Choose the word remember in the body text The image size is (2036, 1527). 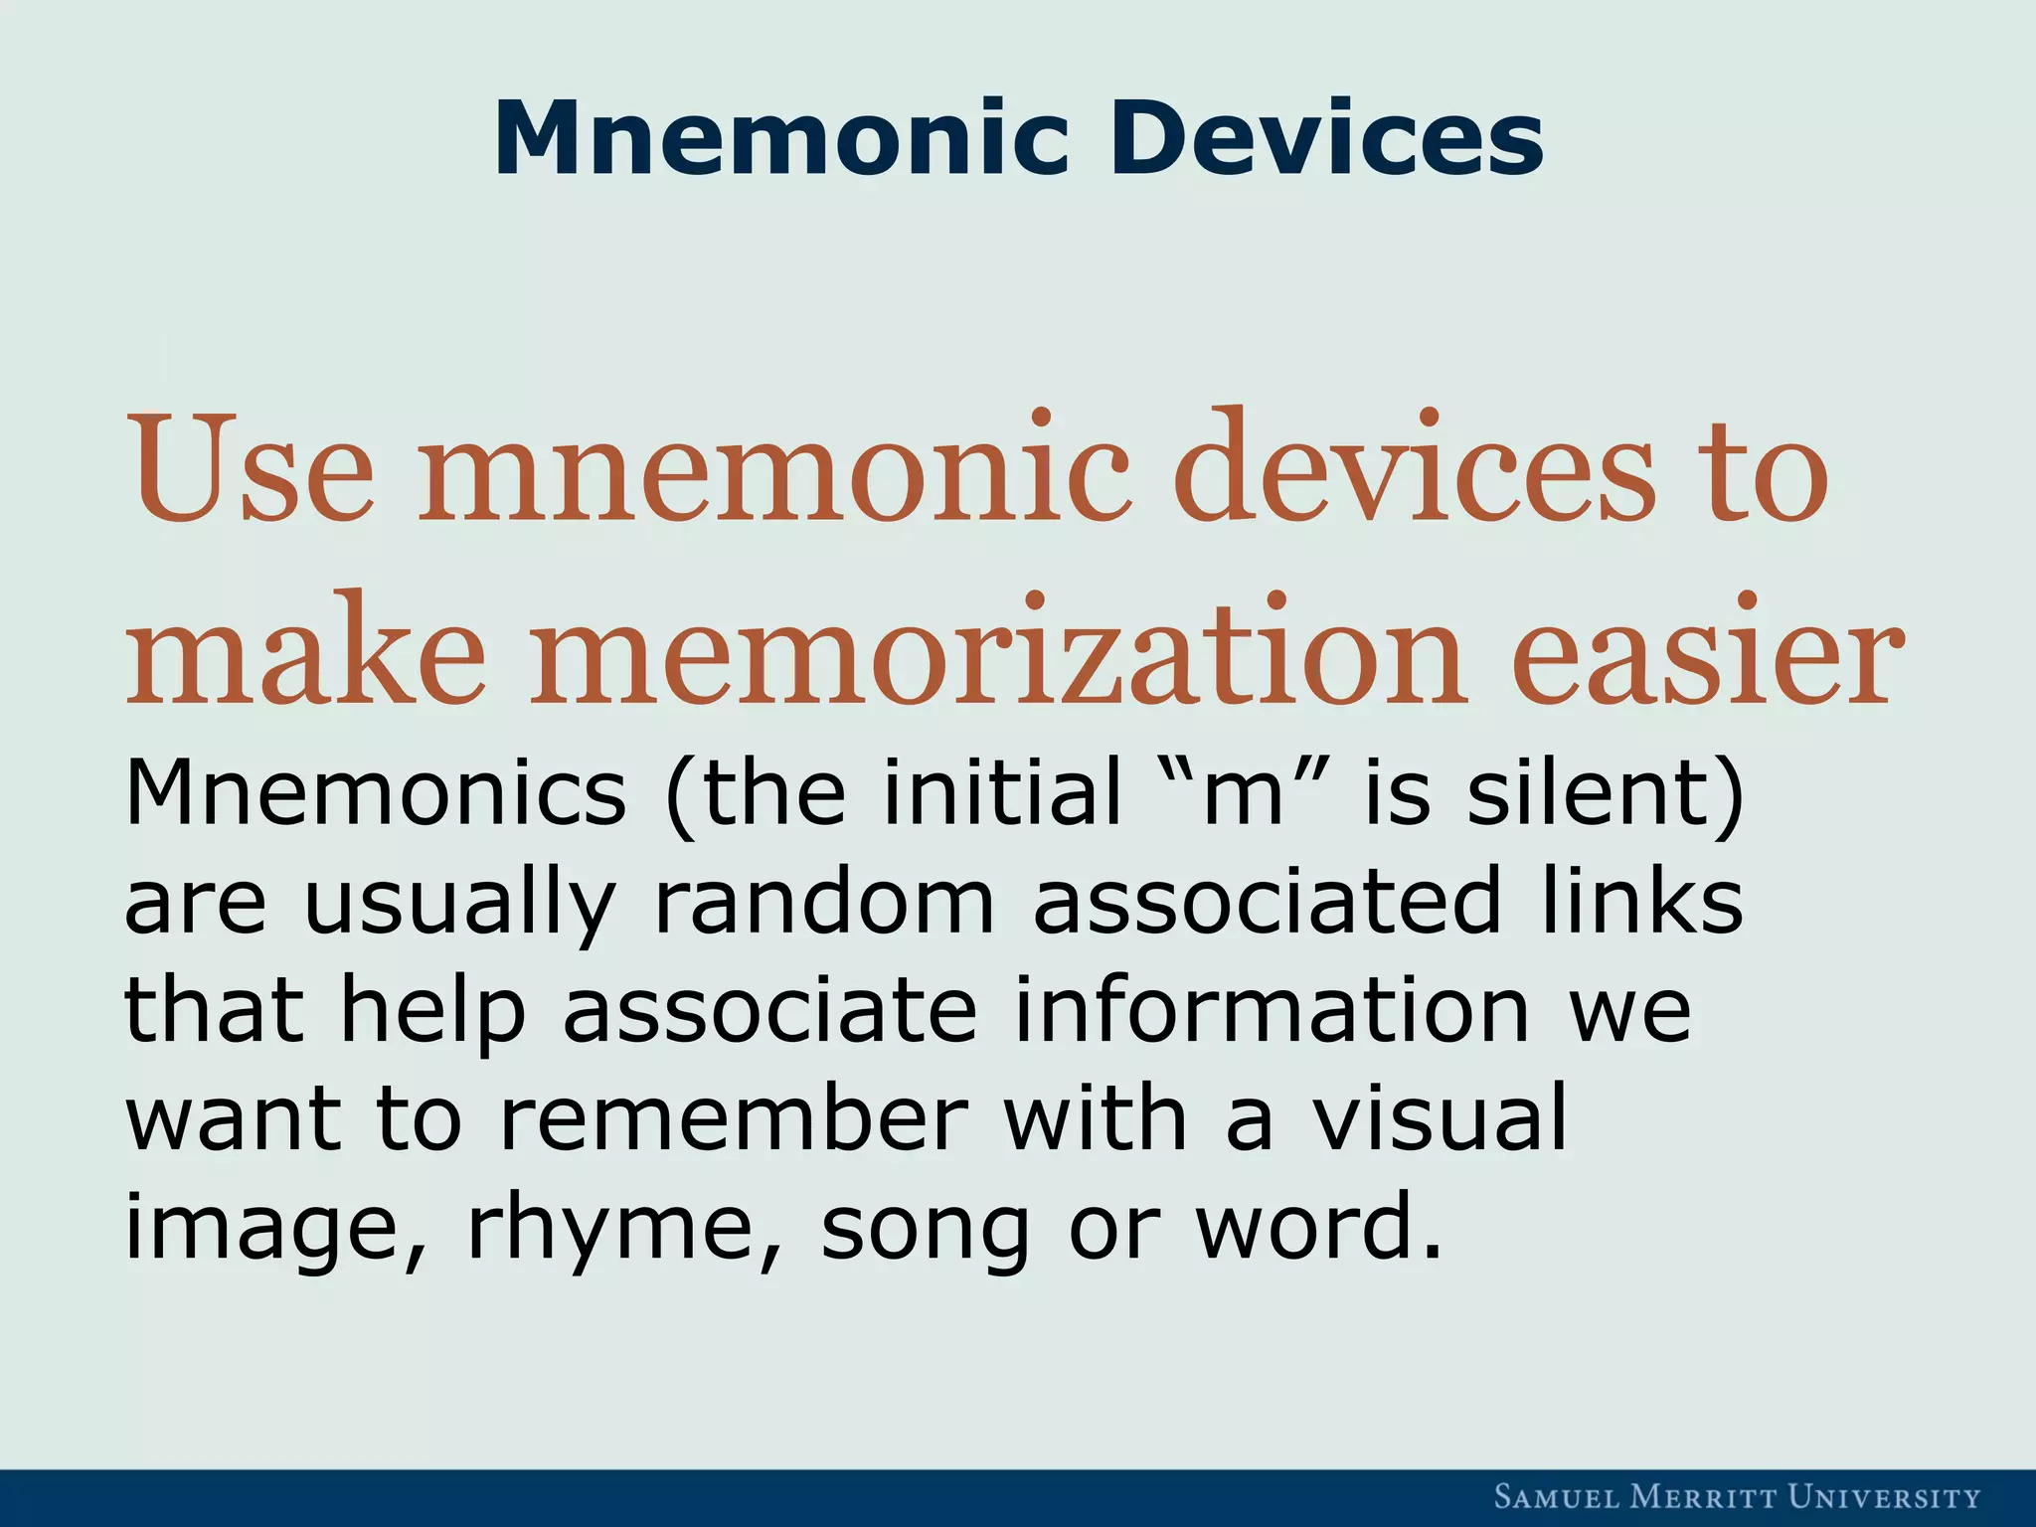pyautogui.click(x=732, y=1119)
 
